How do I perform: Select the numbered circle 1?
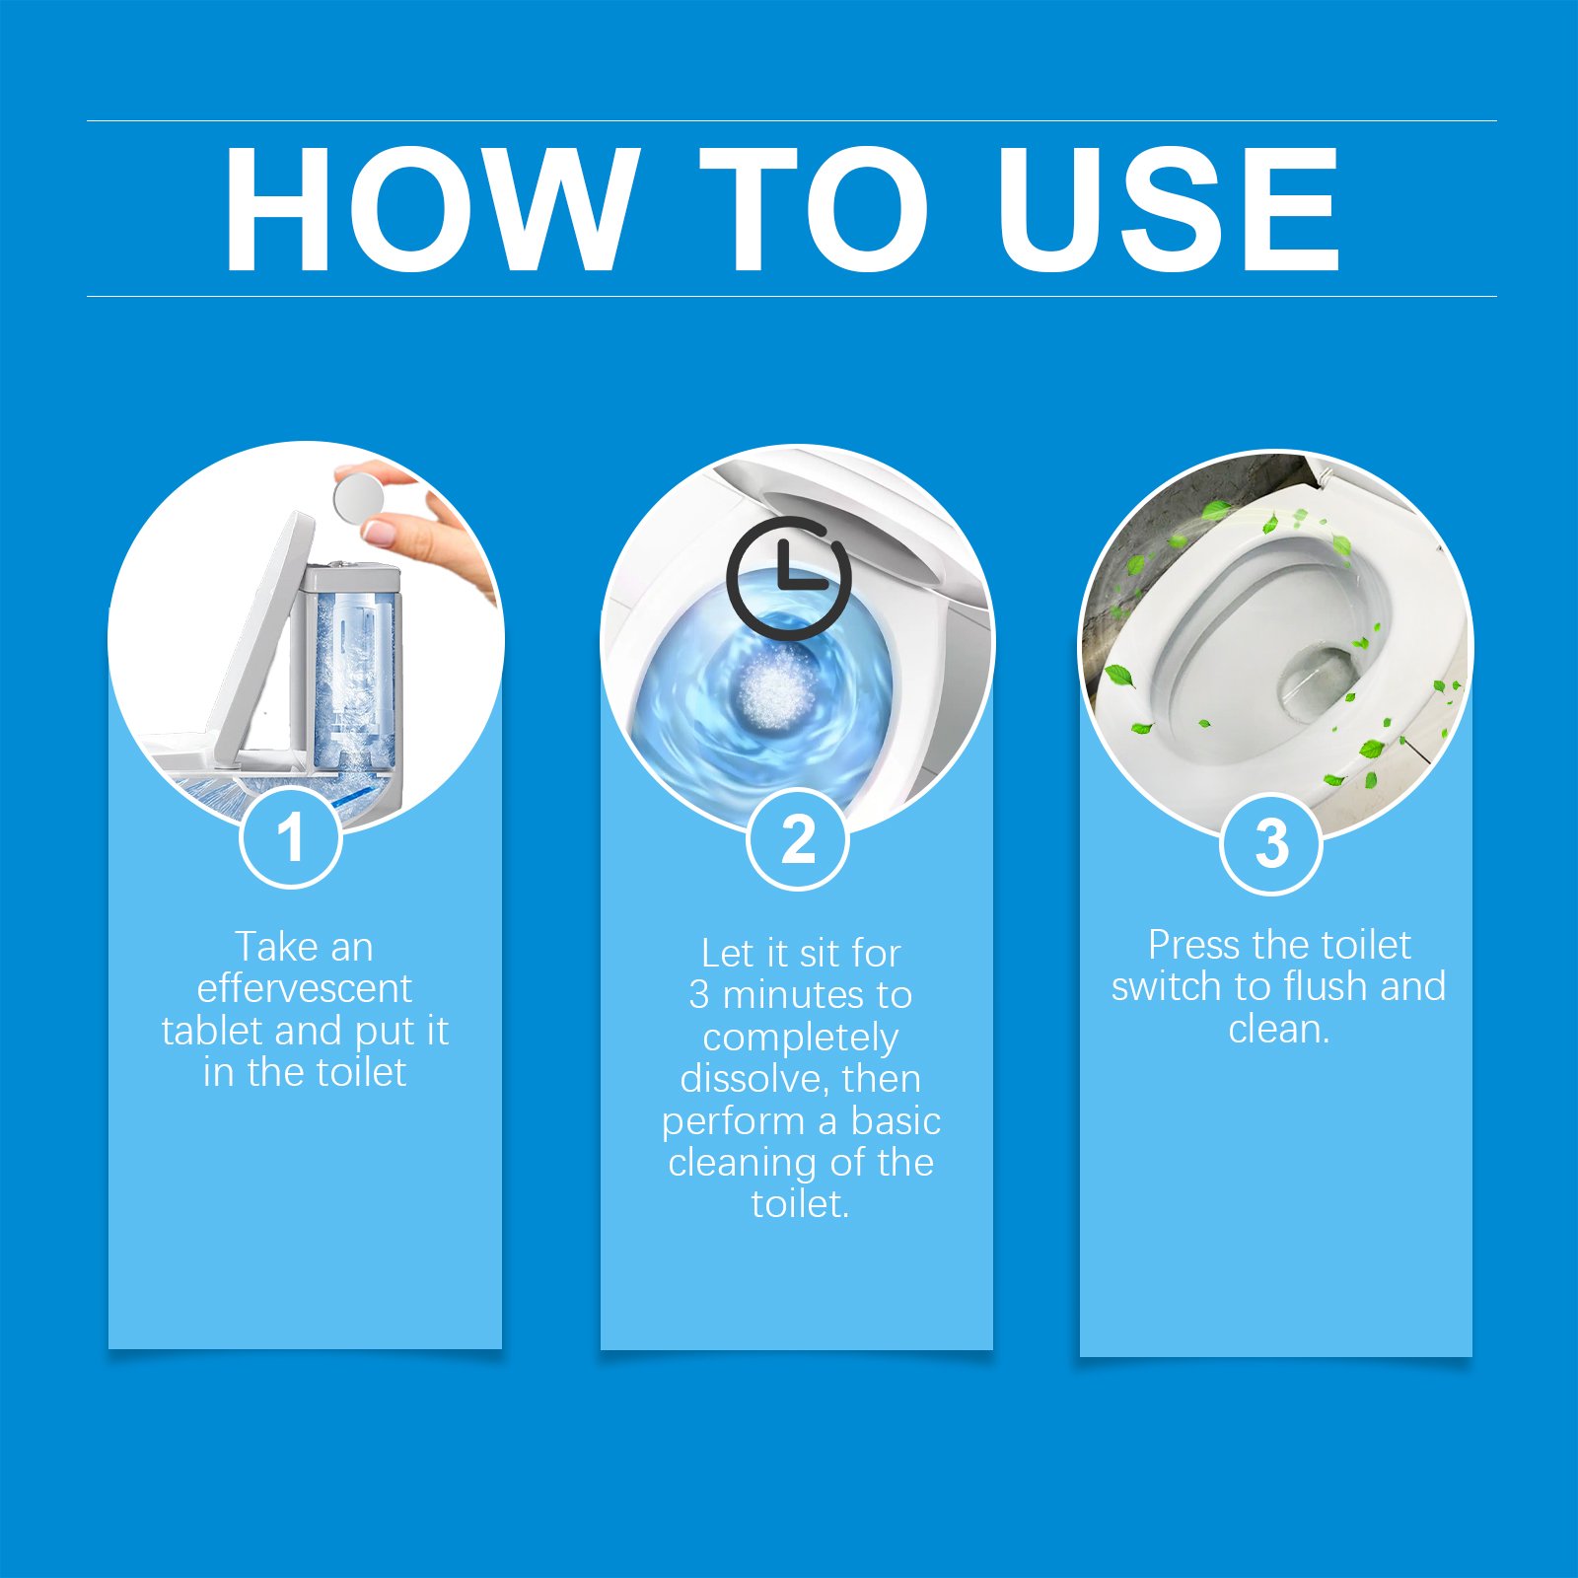291,837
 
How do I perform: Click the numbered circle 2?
798,839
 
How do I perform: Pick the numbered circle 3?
1271,844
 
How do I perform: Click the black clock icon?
788,578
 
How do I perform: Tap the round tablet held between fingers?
359,497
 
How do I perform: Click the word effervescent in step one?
304,988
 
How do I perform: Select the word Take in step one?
275,947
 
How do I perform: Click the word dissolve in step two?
755,1079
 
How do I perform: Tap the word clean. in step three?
1278,1029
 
